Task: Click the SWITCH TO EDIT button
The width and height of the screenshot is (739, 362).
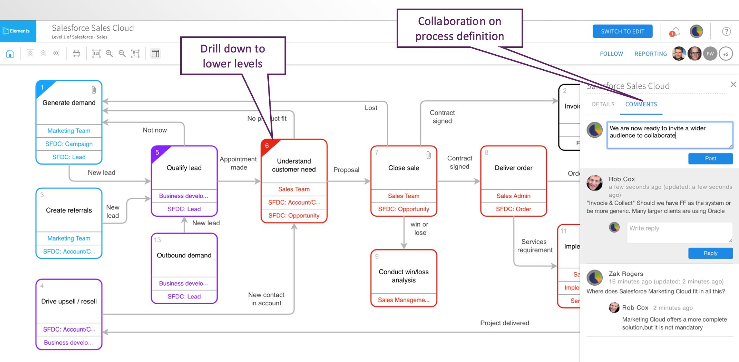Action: (622, 31)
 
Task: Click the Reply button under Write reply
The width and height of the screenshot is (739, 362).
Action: (710, 253)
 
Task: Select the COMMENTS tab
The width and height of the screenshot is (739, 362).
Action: (641, 104)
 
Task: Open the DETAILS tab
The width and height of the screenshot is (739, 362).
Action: (603, 104)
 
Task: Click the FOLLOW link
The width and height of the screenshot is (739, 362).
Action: (611, 54)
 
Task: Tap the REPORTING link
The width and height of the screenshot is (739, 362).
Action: (650, 54)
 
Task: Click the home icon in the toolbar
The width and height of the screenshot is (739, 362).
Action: (10, 54)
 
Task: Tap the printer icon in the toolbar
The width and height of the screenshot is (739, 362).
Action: (76, 54)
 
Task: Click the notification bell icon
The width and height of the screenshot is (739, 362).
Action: (674, 32)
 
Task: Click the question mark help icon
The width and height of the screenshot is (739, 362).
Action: (726, 32)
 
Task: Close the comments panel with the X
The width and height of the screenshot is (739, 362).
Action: (733, 85)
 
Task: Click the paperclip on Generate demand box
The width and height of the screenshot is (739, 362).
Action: (94, 90)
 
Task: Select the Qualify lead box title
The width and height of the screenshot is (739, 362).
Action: (184, 168)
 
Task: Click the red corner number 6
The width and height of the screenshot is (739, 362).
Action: (267, 146)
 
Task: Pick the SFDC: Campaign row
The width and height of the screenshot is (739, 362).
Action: (69, 144)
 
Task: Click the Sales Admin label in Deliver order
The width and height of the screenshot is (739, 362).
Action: (513, 196)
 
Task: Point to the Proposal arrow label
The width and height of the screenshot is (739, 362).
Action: (346, 170)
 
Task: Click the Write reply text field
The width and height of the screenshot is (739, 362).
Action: (679, 232)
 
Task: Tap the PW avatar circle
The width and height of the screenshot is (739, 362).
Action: (710, 54)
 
